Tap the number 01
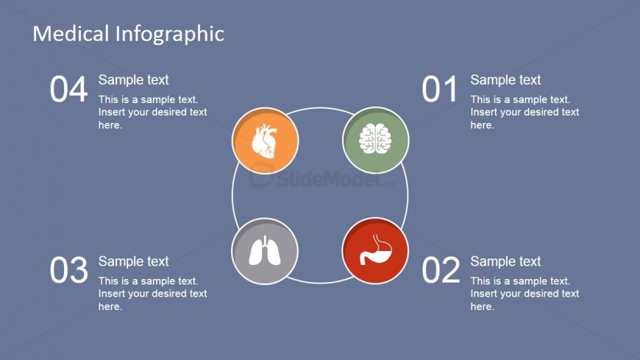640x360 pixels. pos(440,90)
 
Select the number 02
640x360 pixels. pos(441,271)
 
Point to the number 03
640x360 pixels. pos(68,271)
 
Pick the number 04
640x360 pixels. pos(68,90)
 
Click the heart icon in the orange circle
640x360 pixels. pos(265,141)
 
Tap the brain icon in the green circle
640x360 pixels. pos(375,139)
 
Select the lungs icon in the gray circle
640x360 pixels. pos(265,251)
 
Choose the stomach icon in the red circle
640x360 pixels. pos(375,250)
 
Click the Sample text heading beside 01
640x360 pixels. pos(505,80)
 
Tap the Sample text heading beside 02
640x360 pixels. pos(505,261)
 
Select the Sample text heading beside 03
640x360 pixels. pos(133,261)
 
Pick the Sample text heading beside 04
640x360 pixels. pos(133,80)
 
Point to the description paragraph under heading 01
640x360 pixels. pos(525,112)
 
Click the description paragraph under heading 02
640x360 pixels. pos(525,293)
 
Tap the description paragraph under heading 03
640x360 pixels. pos(152,293)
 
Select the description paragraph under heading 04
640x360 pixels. pos(152,112)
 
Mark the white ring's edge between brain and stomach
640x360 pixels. pos(408,195)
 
